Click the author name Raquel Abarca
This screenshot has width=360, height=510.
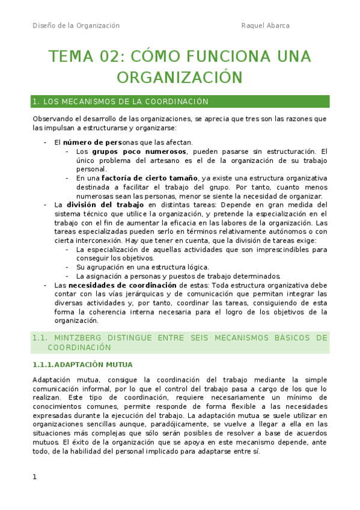point(265,25)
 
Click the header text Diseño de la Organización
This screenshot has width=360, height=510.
point(76,25)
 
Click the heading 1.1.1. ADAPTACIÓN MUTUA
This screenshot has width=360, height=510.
point(83,364)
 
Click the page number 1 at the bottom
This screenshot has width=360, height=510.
point(35,478)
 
